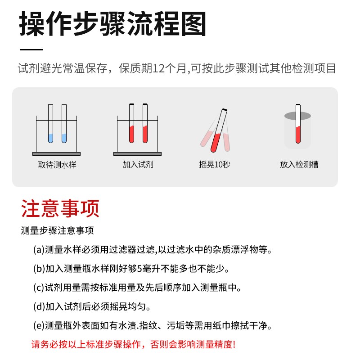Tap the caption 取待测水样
tap(57, 165)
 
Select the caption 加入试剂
tap(138, 165)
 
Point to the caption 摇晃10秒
tap(215, 165)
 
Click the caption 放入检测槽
tap(299, 165)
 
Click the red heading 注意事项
tap(60, 209)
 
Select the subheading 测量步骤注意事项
tap(57, 231)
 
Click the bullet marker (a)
tap(39, 250)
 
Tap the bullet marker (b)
tap(39, 269)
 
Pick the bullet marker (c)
tap(39, 288)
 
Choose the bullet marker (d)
tap(39, 307)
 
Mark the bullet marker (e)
tap(39, 326)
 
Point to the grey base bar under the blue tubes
tap(57, 154)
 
